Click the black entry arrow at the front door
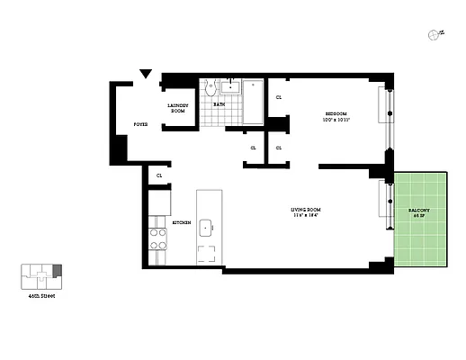tap(144, 76)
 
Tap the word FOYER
tap(141, 124)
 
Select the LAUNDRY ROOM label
tap(177, 108)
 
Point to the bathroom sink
tap(230, 86)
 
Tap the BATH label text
tap(219, 104)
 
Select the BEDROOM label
tap(336, 113)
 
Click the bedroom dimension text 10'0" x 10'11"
tap(336, 120)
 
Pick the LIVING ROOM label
tap(305, 210)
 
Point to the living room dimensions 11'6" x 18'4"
tap(305, 216)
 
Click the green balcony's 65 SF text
tap(418, 216)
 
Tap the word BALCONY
tap(418, 210)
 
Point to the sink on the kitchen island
tap(206, 227)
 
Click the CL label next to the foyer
tap(159, 175)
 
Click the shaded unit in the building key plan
tap(58, 270)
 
